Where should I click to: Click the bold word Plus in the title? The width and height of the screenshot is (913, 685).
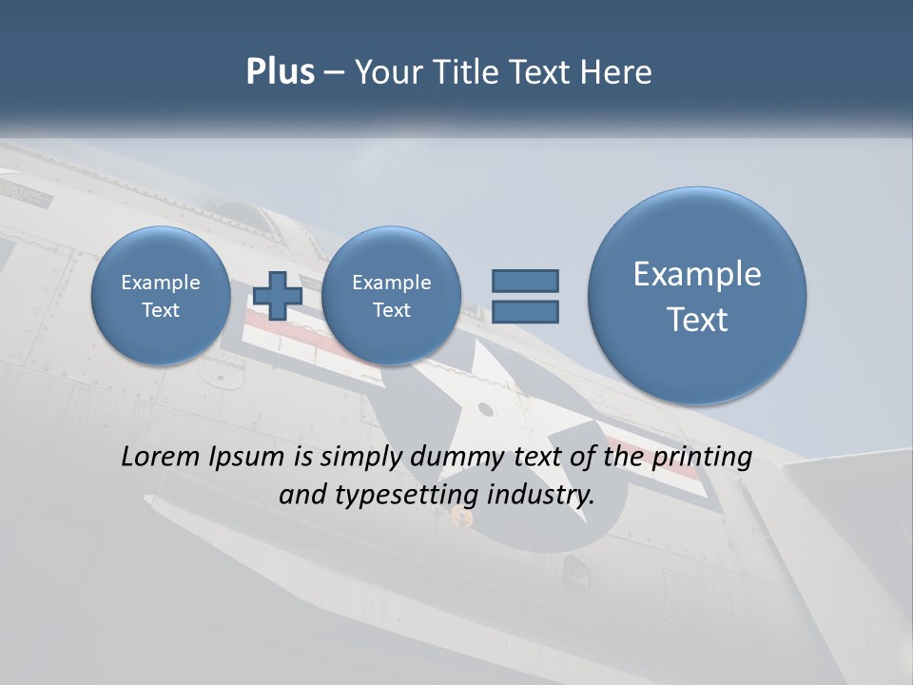pos(280,72)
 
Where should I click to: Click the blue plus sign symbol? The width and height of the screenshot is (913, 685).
pos(278,295)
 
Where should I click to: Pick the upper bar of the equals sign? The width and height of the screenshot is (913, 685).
pos(525,281)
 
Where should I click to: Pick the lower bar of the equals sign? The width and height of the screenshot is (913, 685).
pos(525,311)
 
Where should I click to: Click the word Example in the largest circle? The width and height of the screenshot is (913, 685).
pos(697,274)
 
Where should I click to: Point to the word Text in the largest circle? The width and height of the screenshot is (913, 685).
pos(697,320)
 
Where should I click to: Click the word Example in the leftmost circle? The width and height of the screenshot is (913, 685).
pos(161,283)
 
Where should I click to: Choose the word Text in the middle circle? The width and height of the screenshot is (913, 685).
pos(391,310)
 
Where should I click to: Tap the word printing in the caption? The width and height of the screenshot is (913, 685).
pos(702,457)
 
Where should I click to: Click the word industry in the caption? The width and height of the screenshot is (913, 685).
pos(540,495)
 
